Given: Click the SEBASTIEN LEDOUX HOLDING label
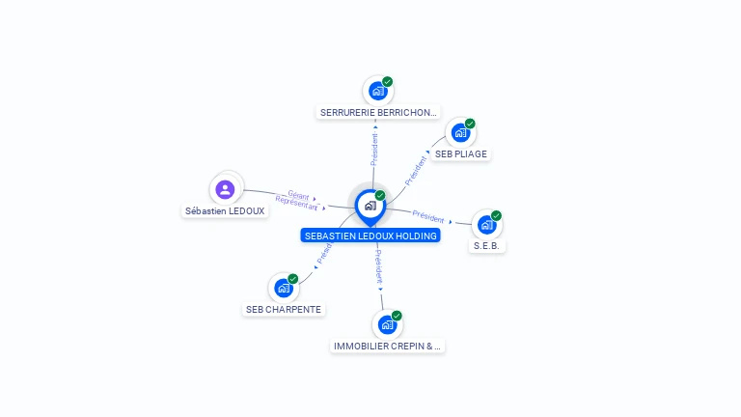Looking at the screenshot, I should pos(370,236).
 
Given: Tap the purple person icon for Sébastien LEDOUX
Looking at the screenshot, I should pos(226,189).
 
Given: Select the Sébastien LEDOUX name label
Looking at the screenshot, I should pos(225,210).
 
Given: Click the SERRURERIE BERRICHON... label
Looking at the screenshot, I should pos(378,112).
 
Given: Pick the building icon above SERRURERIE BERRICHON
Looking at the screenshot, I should pos(377,91).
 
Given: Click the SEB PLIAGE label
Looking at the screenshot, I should pos(460,153).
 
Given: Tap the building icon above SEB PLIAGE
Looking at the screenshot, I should pos(460,133).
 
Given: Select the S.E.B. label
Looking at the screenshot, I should pos(487,246).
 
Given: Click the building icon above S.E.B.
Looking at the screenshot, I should pos(486,225).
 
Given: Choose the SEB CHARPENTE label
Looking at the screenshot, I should pos(284,310).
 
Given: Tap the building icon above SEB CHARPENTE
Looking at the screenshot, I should pos(283,288).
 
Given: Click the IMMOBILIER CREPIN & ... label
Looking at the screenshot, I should pos(387,346).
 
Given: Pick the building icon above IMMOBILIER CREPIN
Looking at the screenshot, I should pos(387,324).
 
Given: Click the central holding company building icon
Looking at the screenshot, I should pos(370,206).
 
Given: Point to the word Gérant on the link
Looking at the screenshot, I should pos(298,194).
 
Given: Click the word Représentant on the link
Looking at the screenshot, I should pos(296,203).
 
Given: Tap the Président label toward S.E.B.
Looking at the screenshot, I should pos(427,216).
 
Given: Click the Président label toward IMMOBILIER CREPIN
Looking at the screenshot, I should pos(378,266).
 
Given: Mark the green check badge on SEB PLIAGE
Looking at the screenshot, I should pos(470,124).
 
